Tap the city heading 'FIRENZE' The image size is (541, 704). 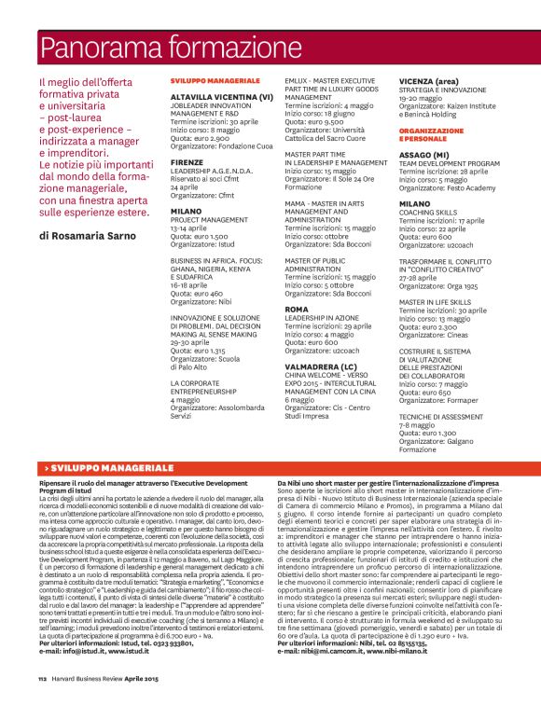[187, 162]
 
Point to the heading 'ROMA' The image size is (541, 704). [297, 309]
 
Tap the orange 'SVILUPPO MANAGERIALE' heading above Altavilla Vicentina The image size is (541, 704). [215, 82]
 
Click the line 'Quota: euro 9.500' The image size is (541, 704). [314, 120]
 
